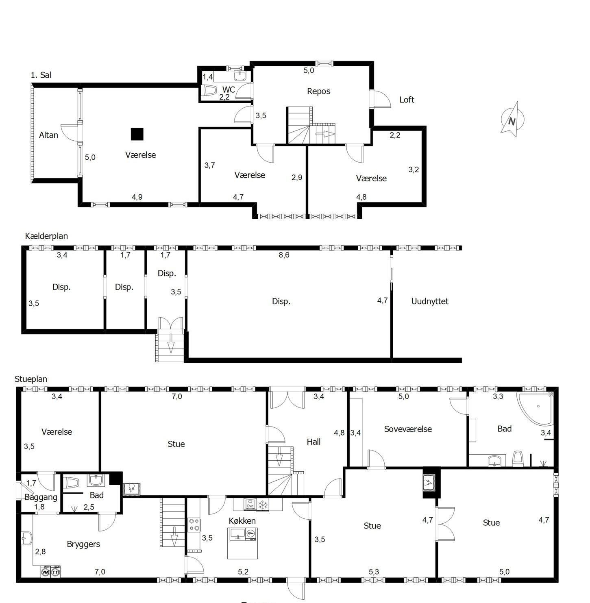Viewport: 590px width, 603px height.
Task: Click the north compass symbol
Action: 512,120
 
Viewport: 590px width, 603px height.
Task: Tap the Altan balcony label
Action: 49,135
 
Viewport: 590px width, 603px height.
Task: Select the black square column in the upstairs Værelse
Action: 137,134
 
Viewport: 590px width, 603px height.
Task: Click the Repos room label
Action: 318,91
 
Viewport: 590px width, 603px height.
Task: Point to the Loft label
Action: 407,100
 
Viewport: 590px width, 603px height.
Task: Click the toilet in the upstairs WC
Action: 210,91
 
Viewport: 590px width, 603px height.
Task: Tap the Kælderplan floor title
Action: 46,236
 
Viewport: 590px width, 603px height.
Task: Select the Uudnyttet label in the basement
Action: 430,301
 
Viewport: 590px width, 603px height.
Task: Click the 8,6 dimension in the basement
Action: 284,255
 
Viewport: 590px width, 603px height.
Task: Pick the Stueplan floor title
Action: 31,379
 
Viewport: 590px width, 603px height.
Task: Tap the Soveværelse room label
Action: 408,429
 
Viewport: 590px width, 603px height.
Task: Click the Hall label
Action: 314,442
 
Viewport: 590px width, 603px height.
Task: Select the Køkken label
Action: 242,520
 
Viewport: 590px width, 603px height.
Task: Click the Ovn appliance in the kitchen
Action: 250,505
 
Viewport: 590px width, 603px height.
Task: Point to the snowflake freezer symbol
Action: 263,505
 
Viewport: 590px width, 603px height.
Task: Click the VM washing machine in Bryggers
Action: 46,572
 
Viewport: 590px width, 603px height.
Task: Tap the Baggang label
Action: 41,497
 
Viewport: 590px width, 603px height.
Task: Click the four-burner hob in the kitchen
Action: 194,525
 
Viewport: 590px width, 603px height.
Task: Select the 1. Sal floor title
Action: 41,75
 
